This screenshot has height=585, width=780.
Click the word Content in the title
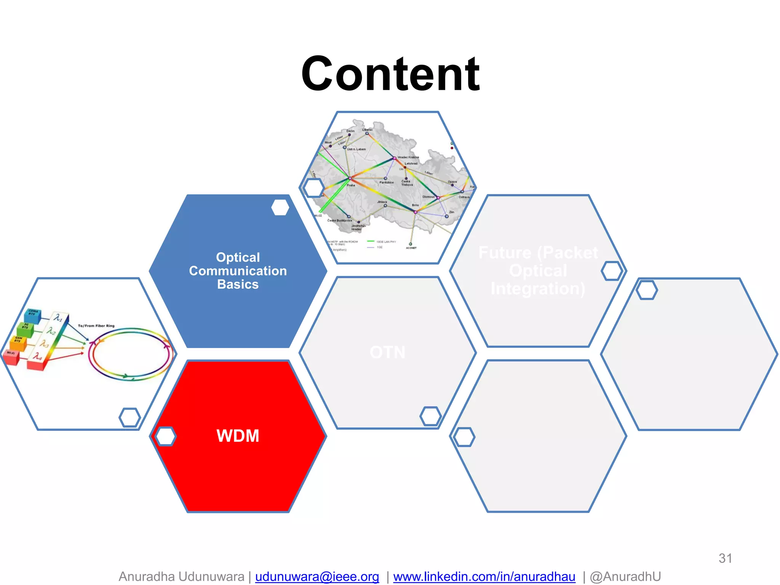390,74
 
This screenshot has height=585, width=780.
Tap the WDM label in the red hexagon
238,436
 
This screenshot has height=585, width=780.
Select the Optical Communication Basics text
238,271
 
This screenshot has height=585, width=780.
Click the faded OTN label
387,352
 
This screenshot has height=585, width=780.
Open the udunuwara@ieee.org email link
317,577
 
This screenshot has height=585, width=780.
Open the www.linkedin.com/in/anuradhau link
484,577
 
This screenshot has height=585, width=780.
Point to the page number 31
725,558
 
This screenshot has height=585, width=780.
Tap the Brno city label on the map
415,205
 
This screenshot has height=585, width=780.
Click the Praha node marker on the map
350,178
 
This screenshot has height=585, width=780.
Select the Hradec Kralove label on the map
408,157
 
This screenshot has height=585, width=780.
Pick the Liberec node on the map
367,133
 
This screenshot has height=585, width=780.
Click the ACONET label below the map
411,248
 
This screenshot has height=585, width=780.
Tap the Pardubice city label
386,182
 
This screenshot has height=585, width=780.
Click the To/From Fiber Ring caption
96,326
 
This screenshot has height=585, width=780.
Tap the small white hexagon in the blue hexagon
280,208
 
